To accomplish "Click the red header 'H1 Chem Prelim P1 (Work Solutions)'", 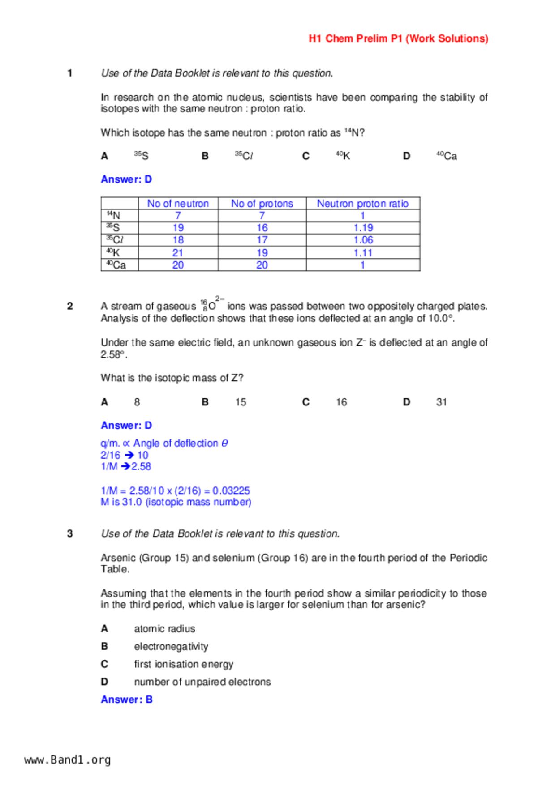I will [x=398, y=39].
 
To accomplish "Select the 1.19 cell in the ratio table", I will [x=363, y=228].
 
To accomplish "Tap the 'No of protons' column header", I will [x=262, y=204].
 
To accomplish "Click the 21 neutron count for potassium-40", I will [x=178, y=253].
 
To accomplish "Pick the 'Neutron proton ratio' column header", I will [x=363, y=204].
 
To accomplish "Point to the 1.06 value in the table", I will [x=363, y=240].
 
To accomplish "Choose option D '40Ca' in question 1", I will [x=447, y=156].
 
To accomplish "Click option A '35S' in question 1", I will [x=142, y=156].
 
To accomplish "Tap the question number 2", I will [x=70, y=307].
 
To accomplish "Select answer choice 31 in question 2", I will [x=442, y=402].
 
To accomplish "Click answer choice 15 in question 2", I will [x=241, y=402].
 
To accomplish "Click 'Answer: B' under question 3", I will [x=127, y=700].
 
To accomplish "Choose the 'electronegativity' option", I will [x=171, y=647].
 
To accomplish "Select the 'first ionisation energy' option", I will [x=184, y=664].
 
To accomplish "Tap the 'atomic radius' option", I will [x=164, y=629].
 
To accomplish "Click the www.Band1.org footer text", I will [x=68, y=760].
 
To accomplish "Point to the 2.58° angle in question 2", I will [x=113, y=355].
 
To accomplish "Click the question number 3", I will [x=70, y=534].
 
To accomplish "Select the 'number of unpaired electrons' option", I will [x=202, y=682].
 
